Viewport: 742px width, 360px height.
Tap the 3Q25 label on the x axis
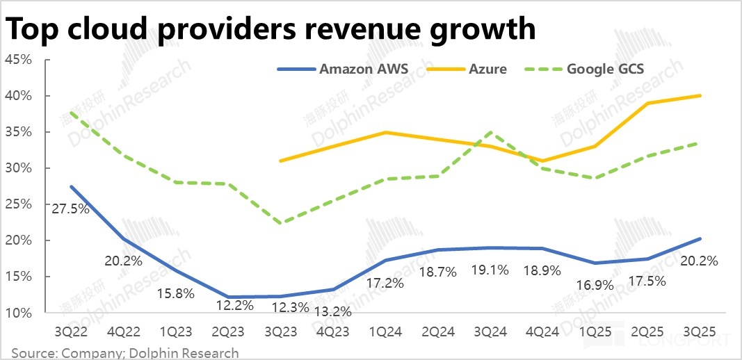coord(700,332)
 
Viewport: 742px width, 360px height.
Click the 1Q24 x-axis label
coord(385,332)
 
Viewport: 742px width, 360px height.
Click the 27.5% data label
coord(70,208)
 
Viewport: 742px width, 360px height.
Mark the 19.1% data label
coord(490,271)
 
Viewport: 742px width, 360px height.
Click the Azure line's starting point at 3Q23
coord(280,161)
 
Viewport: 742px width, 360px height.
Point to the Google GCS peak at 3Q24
coord(490,132)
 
